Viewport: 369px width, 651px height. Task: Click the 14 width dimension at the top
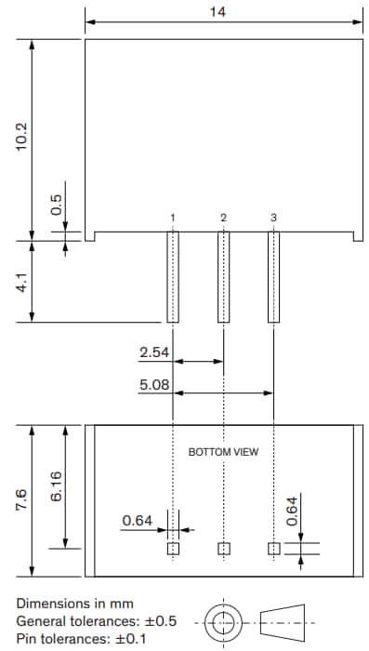tap(218, 13)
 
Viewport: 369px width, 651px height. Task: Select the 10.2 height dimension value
tap(23, 139)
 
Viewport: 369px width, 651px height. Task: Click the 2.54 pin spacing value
tap(154, 352)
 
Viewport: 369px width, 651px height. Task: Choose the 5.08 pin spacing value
tap(154, 384)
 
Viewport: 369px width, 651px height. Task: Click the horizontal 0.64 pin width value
tap(138, 521)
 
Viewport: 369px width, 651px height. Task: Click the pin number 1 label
tap(173, 218)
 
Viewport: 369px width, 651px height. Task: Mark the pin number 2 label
tap(223, 218)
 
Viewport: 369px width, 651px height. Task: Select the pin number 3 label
tap(273, 218)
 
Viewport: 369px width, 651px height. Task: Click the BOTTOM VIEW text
tap(223, 452)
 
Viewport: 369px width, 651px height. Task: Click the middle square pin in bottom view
tap(223, 549)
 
